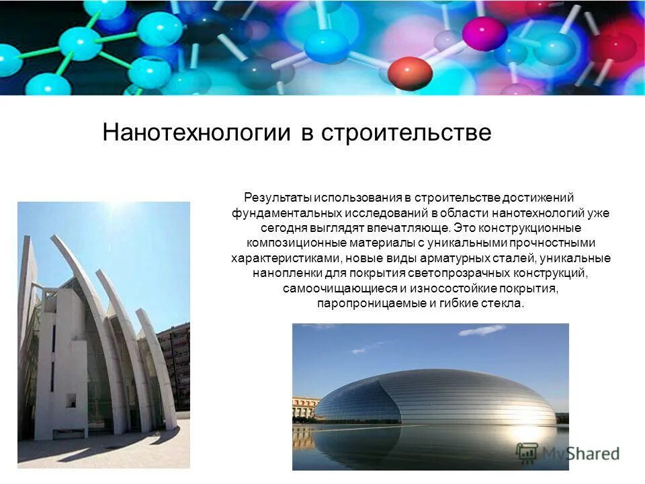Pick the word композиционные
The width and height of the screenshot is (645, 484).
[286, 243]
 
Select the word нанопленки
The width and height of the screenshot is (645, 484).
[281, 274]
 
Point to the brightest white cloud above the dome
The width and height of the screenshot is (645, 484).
[482, 330]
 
